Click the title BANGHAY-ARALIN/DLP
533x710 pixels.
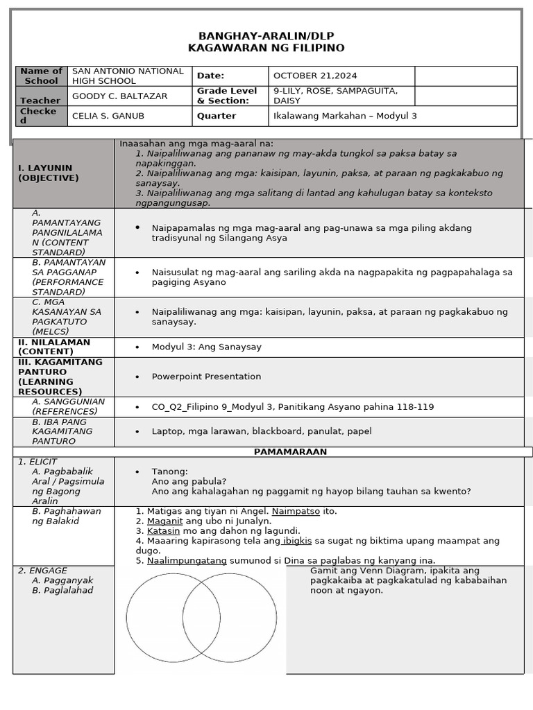(x=266, y=36)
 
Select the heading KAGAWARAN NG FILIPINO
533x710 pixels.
(x=266, y=48)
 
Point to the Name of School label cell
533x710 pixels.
(x=42, y=76)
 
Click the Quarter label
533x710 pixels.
(x=217, y=116)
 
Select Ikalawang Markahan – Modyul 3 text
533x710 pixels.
(x=345, y=116)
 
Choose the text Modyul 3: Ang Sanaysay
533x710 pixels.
(x=206, y=347)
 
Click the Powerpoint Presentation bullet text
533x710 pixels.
(x=206, y=376)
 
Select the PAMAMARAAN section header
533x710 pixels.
(x=290, y=451)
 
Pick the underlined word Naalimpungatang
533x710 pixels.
(x=187, y=560)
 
